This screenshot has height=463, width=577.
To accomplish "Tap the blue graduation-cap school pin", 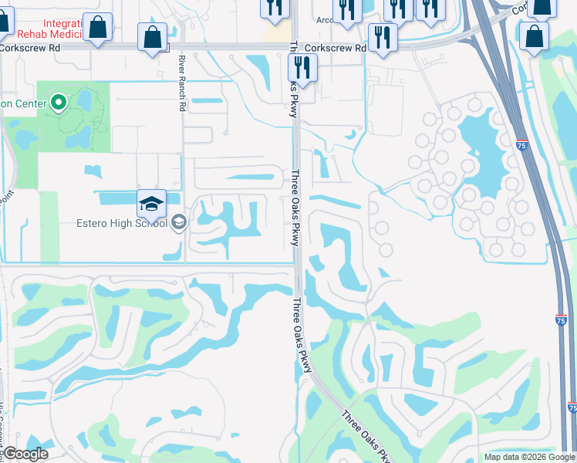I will point(152,204).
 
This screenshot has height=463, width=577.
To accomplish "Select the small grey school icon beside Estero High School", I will point(179,224).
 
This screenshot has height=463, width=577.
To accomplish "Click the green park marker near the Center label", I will point(58,103).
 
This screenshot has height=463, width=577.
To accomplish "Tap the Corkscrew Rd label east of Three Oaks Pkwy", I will point(335,48).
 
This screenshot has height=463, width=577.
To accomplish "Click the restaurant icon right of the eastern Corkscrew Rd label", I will point(383,38).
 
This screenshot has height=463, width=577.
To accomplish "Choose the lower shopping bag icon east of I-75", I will point(535,36).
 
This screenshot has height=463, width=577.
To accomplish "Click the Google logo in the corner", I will point(25,454).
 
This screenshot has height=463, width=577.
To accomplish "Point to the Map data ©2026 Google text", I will point(528,457).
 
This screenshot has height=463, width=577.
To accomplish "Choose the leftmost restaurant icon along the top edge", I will point(275,8).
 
